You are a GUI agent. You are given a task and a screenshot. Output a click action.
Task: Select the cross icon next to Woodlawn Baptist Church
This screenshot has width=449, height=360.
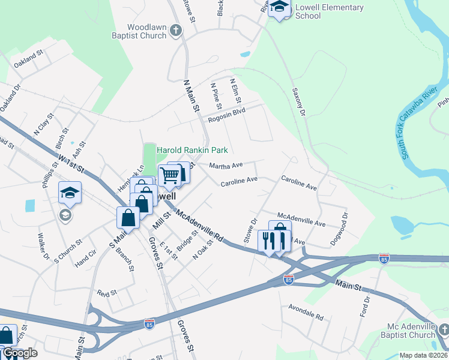point(175,30)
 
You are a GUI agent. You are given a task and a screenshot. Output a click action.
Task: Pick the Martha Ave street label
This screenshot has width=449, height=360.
point(225,165)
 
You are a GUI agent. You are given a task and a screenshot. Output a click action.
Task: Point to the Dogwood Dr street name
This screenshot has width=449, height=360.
point(339,229)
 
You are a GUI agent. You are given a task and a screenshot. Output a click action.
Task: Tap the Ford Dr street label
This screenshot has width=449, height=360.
point(364,305)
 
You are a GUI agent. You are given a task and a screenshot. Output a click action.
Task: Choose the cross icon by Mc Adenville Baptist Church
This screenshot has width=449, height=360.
point(443,329)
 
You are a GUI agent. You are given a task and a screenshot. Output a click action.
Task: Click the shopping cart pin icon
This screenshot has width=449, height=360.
point(170,175)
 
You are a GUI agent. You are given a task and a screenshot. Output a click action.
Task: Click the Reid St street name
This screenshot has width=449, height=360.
point(106,292)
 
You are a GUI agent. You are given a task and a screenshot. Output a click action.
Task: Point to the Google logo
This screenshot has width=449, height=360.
point(19,353)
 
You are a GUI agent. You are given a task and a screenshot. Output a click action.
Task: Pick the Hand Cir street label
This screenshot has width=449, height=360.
point(86,257)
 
